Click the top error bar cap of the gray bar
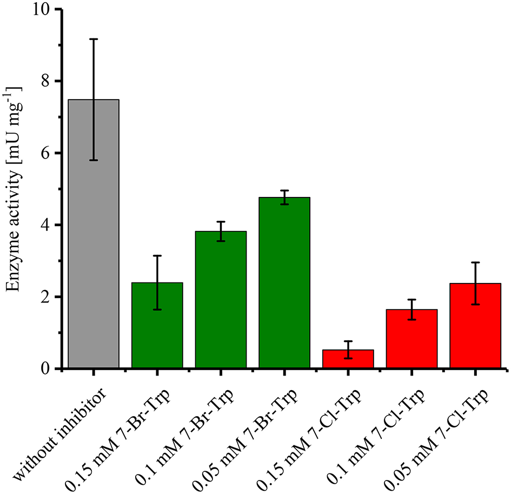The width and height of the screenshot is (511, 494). pyautogui.click(x=94, y=39)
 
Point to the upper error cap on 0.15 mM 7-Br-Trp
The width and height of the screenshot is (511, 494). pyautogui.click(x=157, y=255)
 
